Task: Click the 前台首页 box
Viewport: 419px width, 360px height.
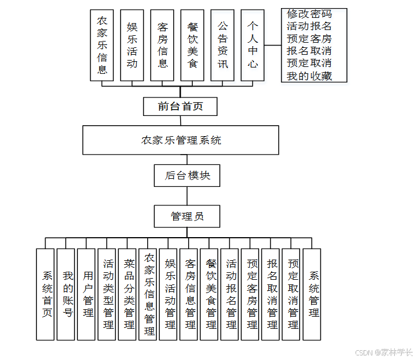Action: [180, 106]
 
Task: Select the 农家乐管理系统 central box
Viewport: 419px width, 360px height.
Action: [181, 140]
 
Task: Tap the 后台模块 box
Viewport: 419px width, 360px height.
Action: [188, 175]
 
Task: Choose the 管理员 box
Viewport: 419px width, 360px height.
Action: [187, 216]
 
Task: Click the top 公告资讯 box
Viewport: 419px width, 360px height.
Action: [222, 45]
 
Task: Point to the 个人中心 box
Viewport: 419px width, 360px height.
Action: [252, 45]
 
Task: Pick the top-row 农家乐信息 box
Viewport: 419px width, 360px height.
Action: [102, 45]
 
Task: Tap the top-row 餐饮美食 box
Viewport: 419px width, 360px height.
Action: [192, 45]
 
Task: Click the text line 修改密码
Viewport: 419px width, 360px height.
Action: [309, 14]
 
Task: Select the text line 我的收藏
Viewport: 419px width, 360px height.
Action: [309, 76]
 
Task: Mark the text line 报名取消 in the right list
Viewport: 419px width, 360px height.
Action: [309, 51]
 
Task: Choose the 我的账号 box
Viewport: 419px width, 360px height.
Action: [66, 294]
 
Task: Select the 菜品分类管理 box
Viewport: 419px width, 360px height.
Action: [128, 294]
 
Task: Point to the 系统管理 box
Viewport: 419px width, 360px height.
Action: [312, 294]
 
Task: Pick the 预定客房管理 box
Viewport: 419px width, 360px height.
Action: [250, 294]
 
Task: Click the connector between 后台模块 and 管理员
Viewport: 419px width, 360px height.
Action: [187, 196]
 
